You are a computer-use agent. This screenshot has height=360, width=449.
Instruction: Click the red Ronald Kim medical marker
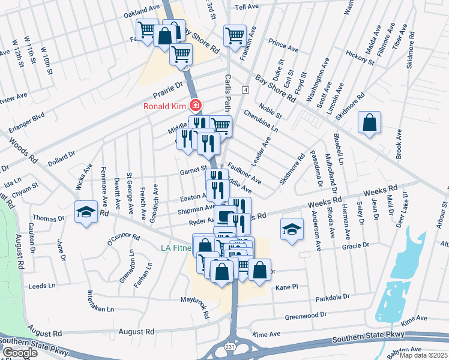[x=194, y=106]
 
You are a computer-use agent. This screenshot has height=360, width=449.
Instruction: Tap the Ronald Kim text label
[x=164, y=107]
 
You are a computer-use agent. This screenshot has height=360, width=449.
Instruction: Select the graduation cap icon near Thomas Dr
[x=86, y=212]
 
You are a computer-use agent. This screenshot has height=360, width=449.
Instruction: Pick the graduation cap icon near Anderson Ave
[x=292, y=229]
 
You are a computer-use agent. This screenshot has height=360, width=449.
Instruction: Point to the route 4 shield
[x=246, y=89]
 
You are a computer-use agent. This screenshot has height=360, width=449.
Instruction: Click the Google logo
[x=20, y=353]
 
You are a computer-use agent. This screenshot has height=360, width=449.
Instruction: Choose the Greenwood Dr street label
[x=306, y=315]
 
